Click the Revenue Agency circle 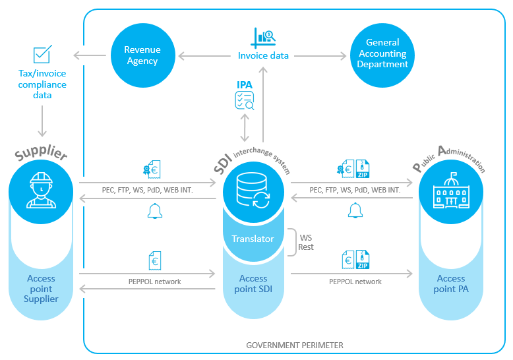tap(142, 55)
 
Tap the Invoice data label tap(263, 56)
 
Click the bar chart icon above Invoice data tap(264, 36)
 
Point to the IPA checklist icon tap(245, 100)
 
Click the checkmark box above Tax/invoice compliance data tap(43, 54)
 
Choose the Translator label tap(253, 238)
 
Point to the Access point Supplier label tap(42, 289)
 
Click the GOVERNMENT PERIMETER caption tap(295, 345)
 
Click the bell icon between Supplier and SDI tap(154, 211)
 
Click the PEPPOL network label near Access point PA tap(355, 282)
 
